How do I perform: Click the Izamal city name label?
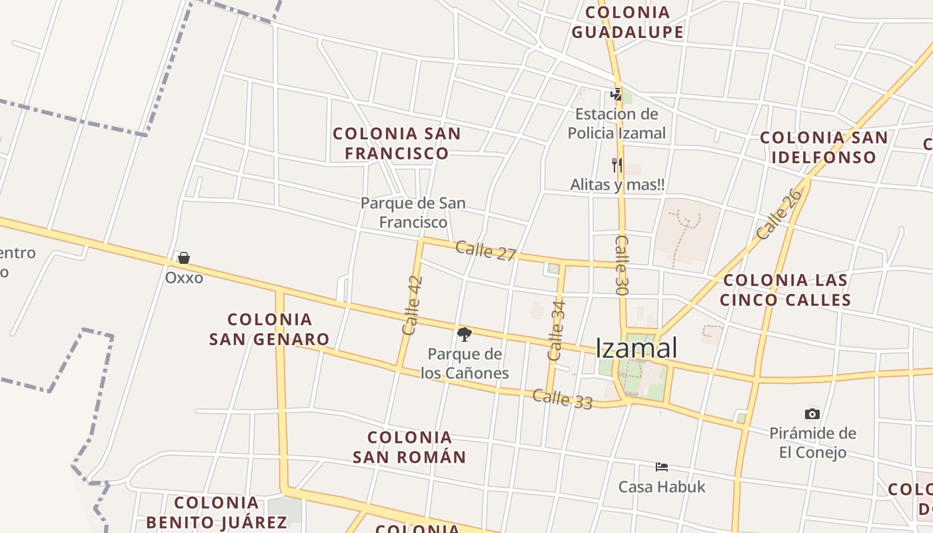(x=636, y=348)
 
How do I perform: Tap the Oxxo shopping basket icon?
(x=184, y=258)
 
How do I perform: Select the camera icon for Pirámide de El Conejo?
(x=812, y=414)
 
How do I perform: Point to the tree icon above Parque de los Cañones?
(x=465, y=334)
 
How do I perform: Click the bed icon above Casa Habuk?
(x=662, y=466)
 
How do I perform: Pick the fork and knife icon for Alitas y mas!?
(x=617, y=165)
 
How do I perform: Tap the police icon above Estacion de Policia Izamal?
(x=616, y=95)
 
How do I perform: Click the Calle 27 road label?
(x=486, y=251)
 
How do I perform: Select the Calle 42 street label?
(x=413, y=305)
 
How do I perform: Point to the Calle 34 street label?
(x=556, y=331)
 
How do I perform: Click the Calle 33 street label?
(x=562, y=399)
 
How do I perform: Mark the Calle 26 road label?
(x=778, y=215)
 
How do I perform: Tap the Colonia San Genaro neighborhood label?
(x=269, y=329)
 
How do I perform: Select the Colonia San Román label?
(x=409, y=447)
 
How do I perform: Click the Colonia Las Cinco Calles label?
(x=785, y=290)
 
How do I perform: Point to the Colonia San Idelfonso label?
(x=824, y=147)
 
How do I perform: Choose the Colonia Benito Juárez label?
(x=217, y=512)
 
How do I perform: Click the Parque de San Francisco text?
(x=413, y=212)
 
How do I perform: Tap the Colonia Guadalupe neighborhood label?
(x=628, y=22)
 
